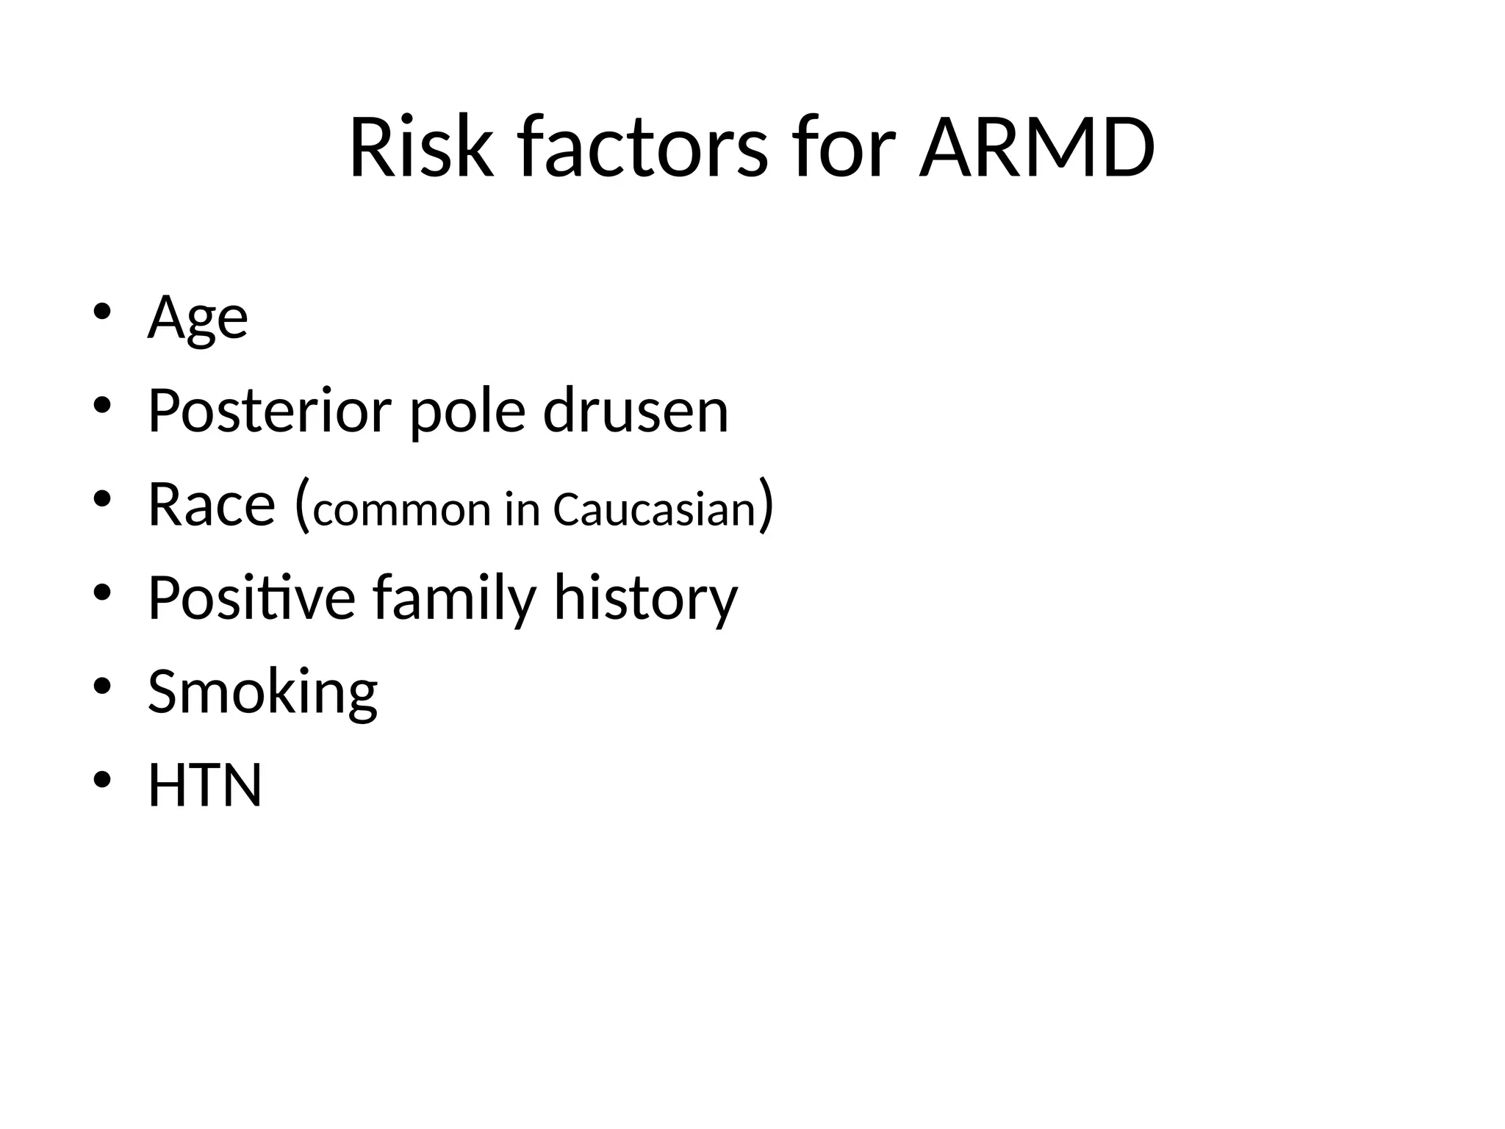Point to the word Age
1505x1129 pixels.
[198, 318]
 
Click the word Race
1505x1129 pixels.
[212, 504]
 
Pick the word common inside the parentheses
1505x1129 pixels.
[401, 509]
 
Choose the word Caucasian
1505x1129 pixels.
[654, 509]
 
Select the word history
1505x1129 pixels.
[645, 599]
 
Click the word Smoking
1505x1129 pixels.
[262, 692]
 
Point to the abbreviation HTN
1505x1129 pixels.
[205, 785]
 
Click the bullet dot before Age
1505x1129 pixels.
[102, 312]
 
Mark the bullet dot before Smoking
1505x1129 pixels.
[102, 686]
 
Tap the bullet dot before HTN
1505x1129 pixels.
[102, 779]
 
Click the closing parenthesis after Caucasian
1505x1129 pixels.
[766, 506]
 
